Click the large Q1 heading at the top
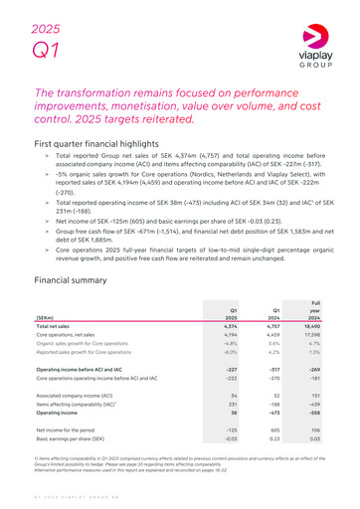(45, 50)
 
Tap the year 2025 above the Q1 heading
(46, 18)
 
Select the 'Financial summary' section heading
(78, 253)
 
